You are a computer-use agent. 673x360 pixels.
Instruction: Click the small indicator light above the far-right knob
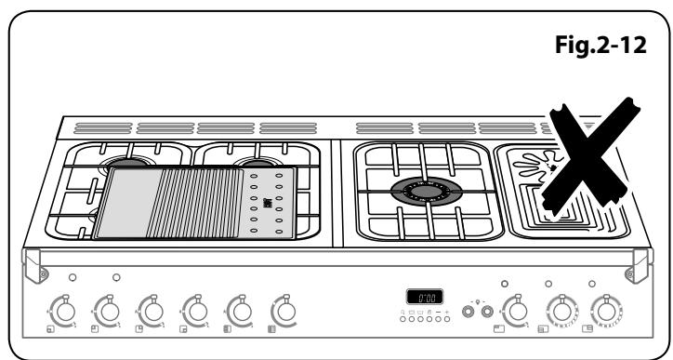[592, 282]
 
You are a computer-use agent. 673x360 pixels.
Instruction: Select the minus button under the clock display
[438, 309]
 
